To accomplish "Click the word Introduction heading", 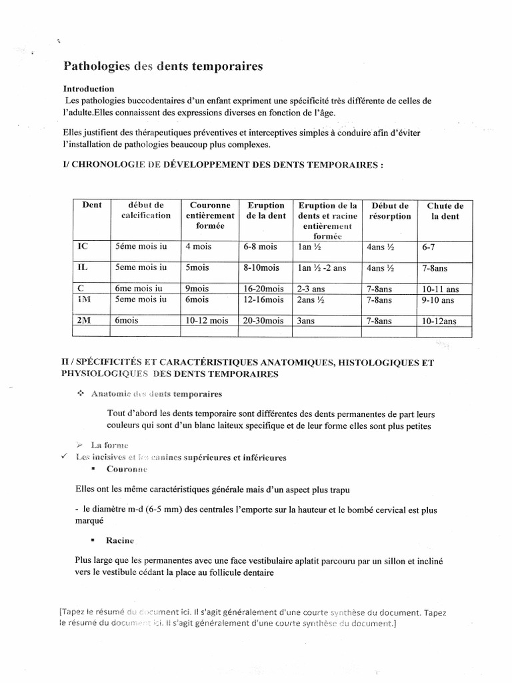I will (89, 89).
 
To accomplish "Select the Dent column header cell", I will (91, 205).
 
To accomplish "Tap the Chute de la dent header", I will (445, 211).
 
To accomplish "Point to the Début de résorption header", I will (390, 211).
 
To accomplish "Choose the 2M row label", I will (85, 320).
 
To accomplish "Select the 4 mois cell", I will (198, 247).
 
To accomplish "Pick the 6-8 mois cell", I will (260, 247).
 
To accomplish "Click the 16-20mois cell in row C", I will (264, 289).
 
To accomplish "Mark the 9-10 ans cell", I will (438, 299).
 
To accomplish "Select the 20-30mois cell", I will (265, 321).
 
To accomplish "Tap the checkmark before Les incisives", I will (64, 457).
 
